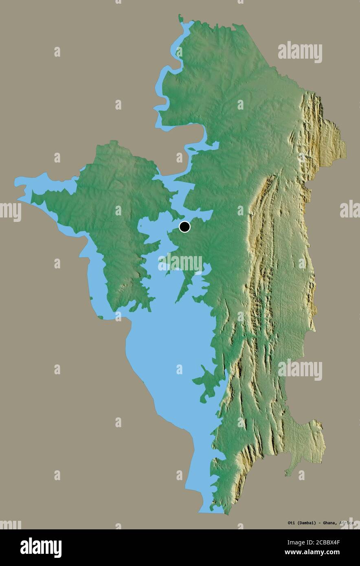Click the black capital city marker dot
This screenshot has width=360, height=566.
point(184,227)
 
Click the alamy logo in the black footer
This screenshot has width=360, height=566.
point(41,547)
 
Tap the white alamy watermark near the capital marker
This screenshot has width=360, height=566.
point(180,263)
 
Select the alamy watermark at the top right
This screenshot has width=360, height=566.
point(300,52)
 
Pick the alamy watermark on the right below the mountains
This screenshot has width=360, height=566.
point(300,370)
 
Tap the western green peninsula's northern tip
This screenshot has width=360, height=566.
point(109,143)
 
